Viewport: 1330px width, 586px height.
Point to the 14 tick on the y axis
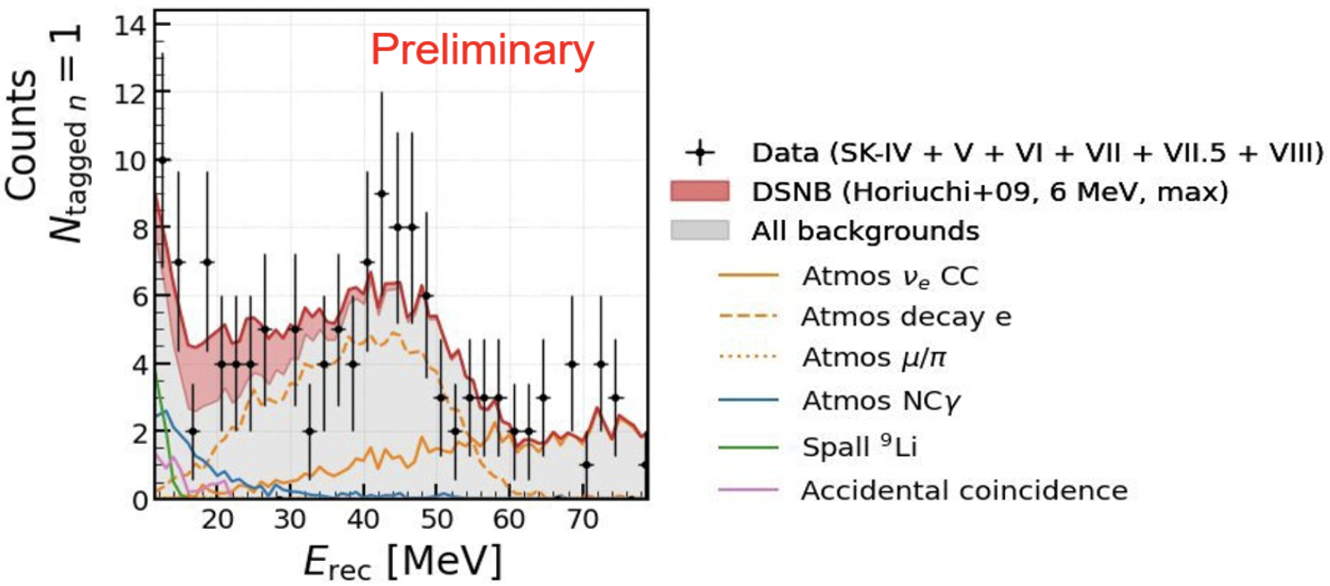[162, 24]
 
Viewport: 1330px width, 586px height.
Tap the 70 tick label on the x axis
[583, 519]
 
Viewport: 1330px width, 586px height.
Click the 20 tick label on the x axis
[217, 519]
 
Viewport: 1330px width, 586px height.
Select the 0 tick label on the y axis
[139, 500]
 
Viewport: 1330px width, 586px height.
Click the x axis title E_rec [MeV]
[403, 560]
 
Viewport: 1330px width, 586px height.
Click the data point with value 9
[382, 194]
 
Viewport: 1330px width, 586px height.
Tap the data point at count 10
[162, 160]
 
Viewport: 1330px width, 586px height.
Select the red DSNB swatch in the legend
[700, 191]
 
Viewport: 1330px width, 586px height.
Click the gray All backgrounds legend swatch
[700, 230]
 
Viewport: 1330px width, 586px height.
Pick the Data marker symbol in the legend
[700, 153]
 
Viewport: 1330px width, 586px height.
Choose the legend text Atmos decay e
[906, 317]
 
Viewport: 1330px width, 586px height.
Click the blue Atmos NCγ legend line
[748, 400]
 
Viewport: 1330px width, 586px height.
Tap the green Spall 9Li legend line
[748, 447]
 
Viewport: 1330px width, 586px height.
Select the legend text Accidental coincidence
[964, 491]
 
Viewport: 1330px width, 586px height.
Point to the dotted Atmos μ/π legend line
[748, 356]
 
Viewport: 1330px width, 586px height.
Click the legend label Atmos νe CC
[890, 277]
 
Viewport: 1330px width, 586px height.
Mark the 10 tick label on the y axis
[131, 161]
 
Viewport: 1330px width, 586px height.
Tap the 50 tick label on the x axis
[436, 519]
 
